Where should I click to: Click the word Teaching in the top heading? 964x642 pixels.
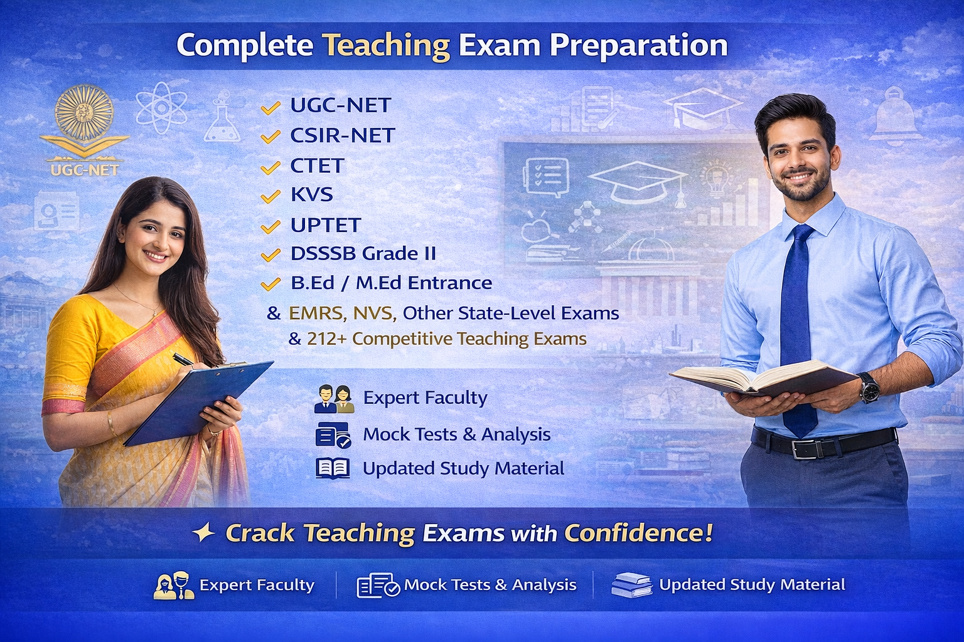tap(386, 46)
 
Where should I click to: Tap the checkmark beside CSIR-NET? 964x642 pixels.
tap(270, 137)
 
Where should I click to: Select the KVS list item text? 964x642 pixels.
tap(311, 195)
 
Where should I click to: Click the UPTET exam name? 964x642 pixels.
tap(326, 225)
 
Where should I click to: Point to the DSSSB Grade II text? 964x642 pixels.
tap(363, 254)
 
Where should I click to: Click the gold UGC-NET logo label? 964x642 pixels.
tap(84, 170)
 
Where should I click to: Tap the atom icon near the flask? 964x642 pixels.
tap(161, 107)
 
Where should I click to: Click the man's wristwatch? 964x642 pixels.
tap(869, 387)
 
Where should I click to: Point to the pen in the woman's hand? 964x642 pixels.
tap(183, 359)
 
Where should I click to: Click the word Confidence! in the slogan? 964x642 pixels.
tap(638, 534)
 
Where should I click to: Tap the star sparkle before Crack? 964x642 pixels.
tap(203, 533)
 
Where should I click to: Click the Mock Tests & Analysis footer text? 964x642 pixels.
tap(490, 585)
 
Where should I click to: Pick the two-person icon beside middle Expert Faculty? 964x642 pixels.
tap(334, 399)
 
